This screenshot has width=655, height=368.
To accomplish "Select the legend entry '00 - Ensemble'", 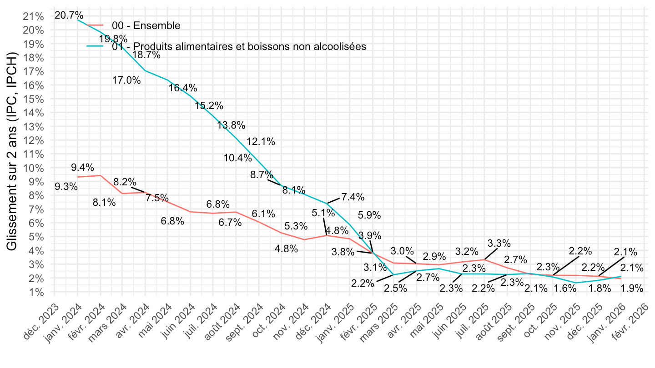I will click(x=146, y=25).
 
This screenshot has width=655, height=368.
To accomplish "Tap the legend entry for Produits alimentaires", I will click(x=239, y=46).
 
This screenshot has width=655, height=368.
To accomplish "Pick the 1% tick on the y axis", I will click(x=35, y=292).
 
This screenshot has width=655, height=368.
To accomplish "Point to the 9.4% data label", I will click(x=82, y=167).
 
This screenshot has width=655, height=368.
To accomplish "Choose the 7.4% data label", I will click(x=353, y=197).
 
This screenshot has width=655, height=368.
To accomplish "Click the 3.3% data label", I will click(x=499, y=244).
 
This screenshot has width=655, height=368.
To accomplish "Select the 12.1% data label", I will click(x=261, y=141).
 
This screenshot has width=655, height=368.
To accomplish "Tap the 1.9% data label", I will click(x=632, y=288).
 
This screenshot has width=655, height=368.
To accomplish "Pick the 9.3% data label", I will click(x=66, y=186).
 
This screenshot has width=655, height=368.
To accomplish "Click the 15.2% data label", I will click(x=209, y=106).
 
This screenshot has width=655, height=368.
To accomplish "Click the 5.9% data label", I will click(x=369, y=215).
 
